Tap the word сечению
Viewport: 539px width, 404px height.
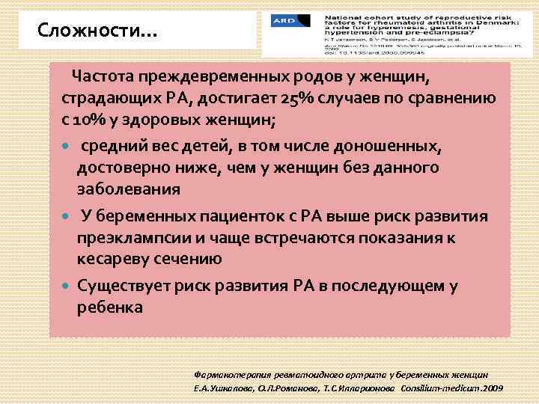[x=192, y=259]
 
